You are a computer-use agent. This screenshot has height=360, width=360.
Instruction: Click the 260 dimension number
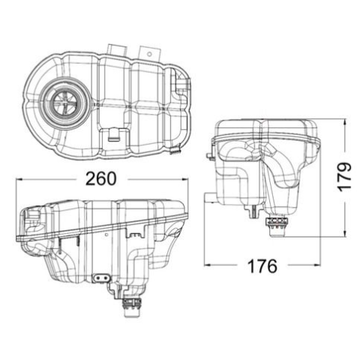coord(101,178)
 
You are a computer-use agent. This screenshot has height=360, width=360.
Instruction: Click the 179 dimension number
coord(344,177)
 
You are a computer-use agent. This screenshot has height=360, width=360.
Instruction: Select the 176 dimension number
coord(262,266)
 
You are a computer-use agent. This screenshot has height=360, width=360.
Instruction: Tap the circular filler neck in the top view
coord(64,103)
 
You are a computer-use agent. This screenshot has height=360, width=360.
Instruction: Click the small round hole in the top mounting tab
coord(149,54)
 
